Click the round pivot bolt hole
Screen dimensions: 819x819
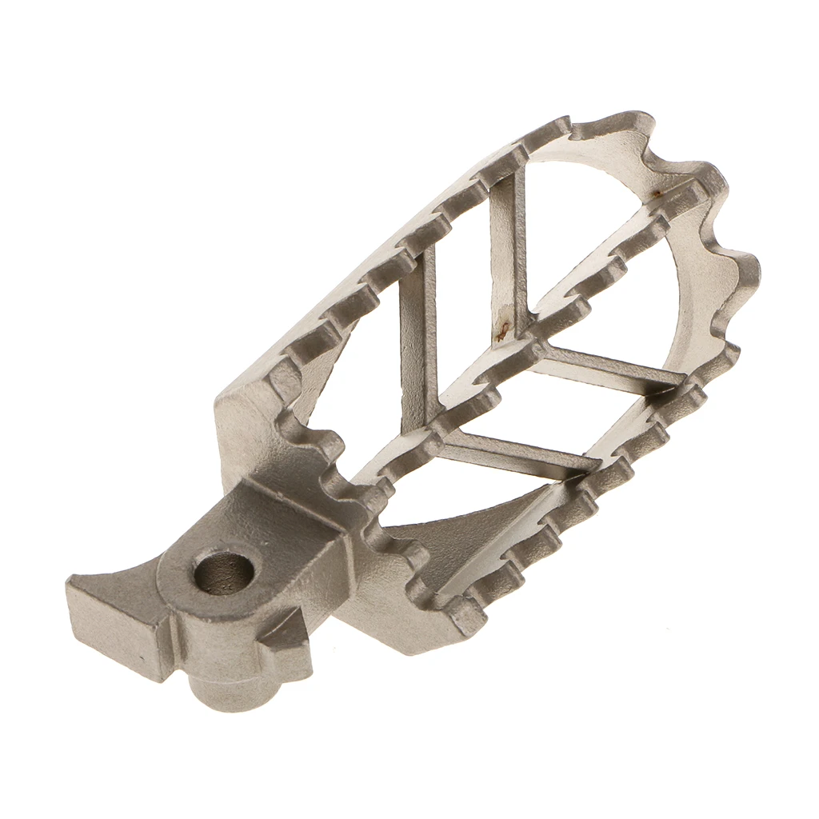(224, 572)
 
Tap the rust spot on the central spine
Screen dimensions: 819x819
(502, 327)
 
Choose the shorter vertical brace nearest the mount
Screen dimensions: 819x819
(417, 336)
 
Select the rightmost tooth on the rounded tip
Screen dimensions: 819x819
(744, 272)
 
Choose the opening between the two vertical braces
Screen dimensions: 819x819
(464, 304)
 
